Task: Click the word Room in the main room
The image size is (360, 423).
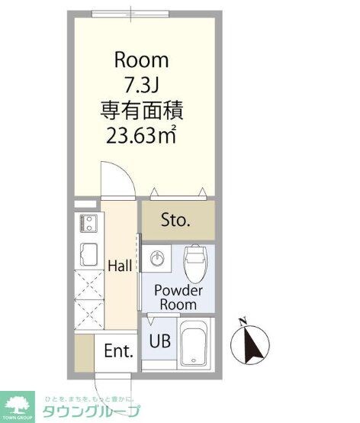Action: (x=141, y=60)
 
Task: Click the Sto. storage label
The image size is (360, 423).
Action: (x=175, y=221)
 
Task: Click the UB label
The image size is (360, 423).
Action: (x=159, y=341)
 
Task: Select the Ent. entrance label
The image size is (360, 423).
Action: (x=118, y=352)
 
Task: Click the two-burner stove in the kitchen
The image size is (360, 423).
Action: (x=87, y=224)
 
